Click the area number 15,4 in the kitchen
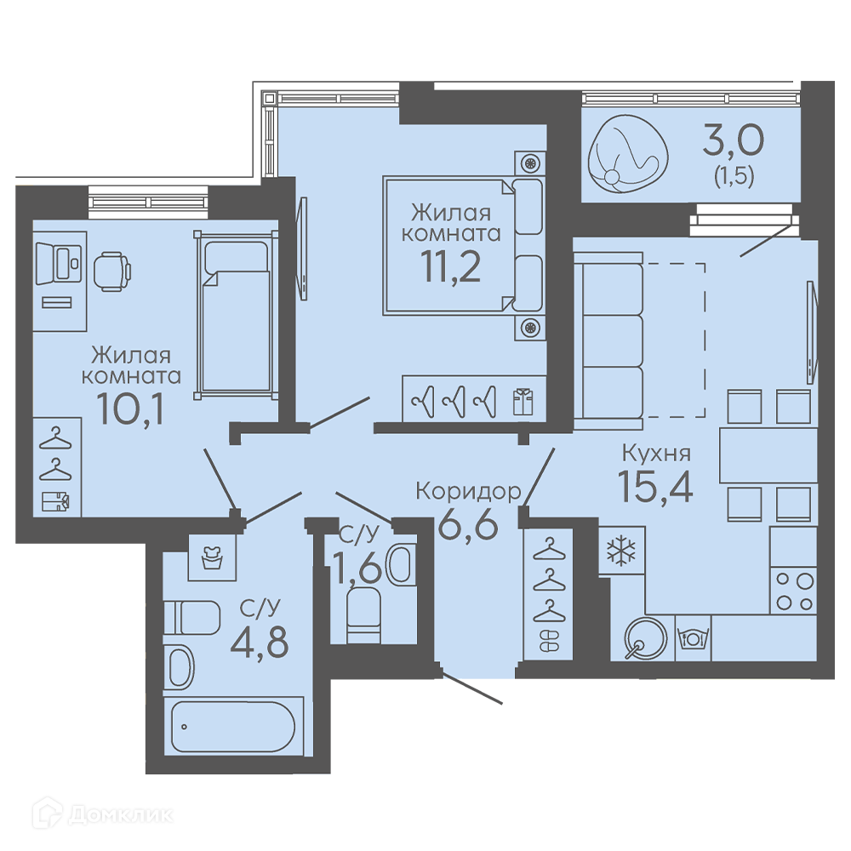[x=655, y=486]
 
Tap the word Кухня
[x=656, y=453]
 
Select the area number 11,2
[x=451, y=267]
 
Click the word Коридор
[x=468, y=491]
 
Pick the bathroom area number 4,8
[x=260, y=641]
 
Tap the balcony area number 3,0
[x=734, y=140]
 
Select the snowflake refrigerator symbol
[x=621, y=551]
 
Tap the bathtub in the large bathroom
[x=233, y=726]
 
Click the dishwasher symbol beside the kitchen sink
[x=692, y=637]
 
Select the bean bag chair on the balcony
[x=628, y=153]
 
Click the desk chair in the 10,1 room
[x=112, y=271]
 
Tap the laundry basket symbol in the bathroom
[x=212, y=557]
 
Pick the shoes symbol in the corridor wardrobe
[x=548, y=641]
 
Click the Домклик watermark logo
[x=102, y=814]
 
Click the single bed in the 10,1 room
[x=236, y=315]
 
